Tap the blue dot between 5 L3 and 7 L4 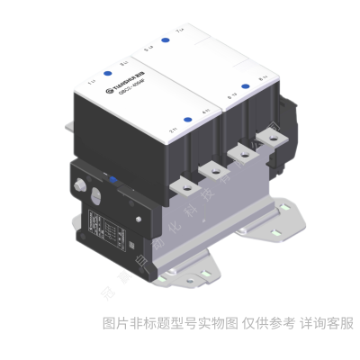click(165, 40)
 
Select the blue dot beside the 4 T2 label click(187, 120)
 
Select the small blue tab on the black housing click(114, 179)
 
